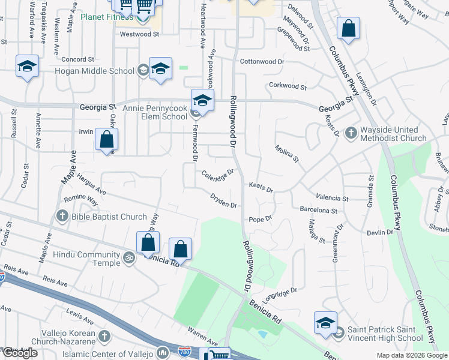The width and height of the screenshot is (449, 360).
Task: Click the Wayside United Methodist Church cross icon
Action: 352,133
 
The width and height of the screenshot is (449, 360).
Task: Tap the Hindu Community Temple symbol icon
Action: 127,259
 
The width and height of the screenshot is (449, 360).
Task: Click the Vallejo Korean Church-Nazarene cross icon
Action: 104,337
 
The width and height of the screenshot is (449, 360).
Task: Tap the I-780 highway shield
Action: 163,353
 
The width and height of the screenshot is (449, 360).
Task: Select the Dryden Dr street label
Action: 223,200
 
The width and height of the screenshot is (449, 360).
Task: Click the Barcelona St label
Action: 318,210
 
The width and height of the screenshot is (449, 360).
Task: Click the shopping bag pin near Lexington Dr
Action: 348,29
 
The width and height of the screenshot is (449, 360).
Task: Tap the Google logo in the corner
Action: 20,353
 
